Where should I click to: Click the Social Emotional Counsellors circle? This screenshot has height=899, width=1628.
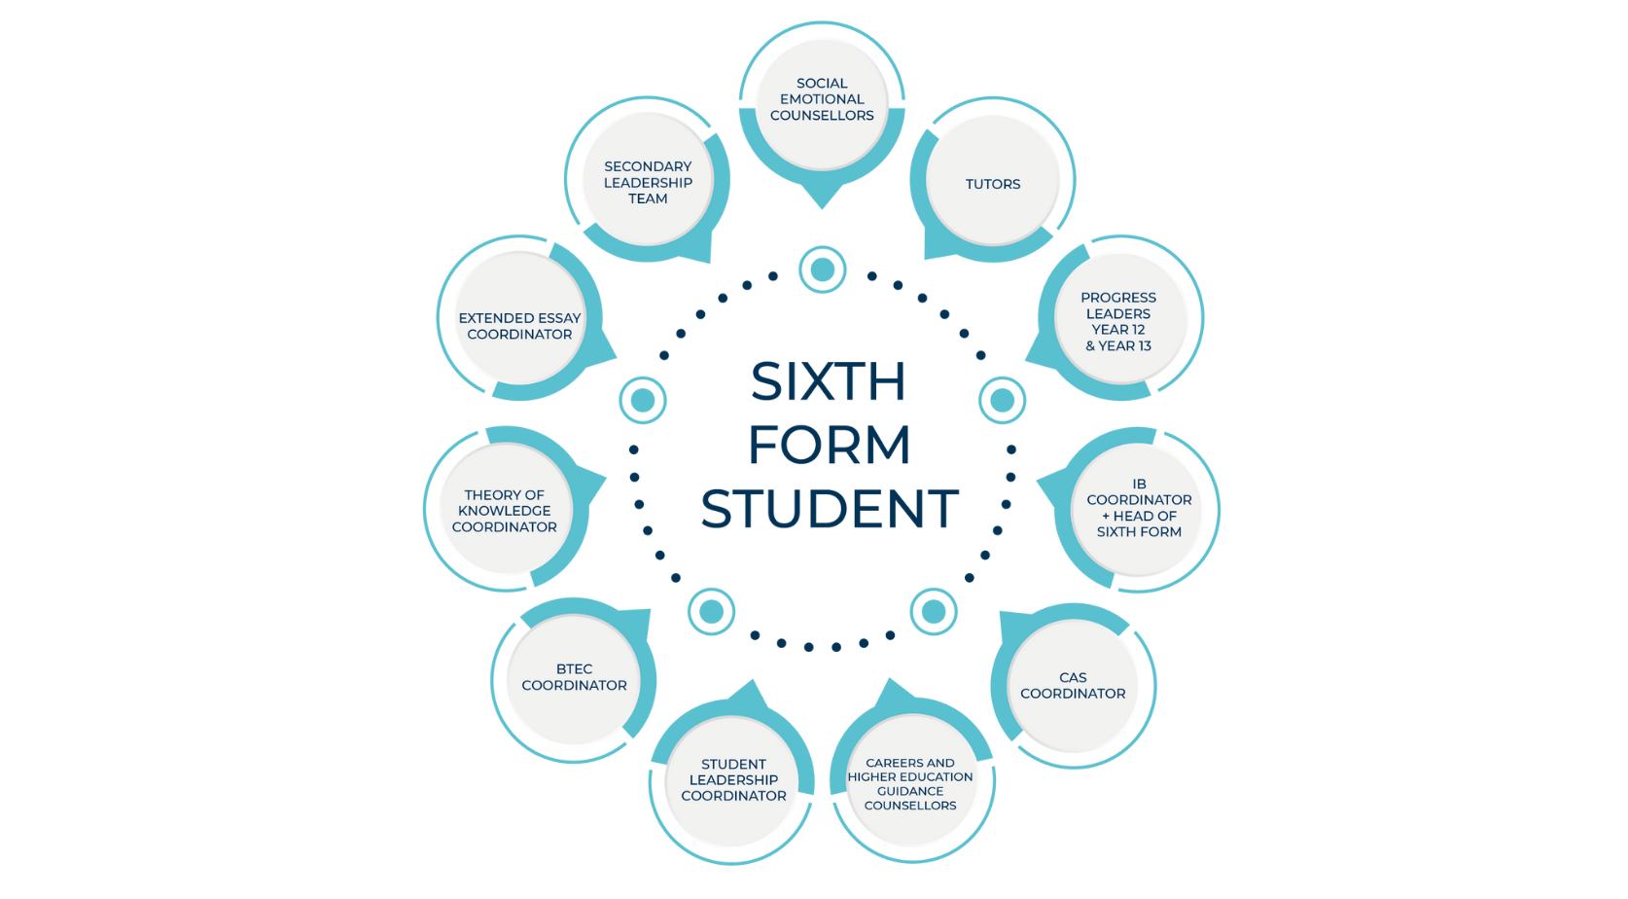(x=822, y=100)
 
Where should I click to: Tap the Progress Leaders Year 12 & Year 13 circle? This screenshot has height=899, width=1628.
(x=1118, y=320)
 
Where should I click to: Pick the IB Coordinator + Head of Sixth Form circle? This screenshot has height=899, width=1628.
(x=1138, y=508)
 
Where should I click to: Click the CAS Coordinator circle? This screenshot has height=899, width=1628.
(x=1073, y=685)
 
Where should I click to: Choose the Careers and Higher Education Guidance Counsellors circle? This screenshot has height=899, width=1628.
(x=910, y=783)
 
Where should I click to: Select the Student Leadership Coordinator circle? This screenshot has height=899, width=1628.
(x=733, y=780)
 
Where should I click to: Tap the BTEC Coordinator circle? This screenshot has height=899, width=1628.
(x=574, y=678)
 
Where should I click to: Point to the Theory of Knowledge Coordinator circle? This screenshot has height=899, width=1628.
(x=505, y=510)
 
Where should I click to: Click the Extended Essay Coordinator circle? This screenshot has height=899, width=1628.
(x=519, y=326)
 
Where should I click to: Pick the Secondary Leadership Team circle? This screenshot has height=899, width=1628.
(x=648, y=182)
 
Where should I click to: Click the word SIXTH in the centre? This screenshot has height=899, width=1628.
(x=828, y=381)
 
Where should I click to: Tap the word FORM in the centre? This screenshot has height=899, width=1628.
(x=829, y=446)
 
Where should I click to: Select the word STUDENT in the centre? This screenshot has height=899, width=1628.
(x=830, y=510)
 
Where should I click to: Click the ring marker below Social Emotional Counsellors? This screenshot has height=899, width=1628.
(x=823, y=270)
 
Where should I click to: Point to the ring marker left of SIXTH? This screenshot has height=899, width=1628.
(x=643, y=400)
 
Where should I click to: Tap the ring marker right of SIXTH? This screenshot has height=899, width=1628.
(x=1002, y=400)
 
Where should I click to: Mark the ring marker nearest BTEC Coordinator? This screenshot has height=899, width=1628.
(x=711, y=611)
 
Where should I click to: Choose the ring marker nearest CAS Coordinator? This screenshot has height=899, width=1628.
(x=934, y=611)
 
